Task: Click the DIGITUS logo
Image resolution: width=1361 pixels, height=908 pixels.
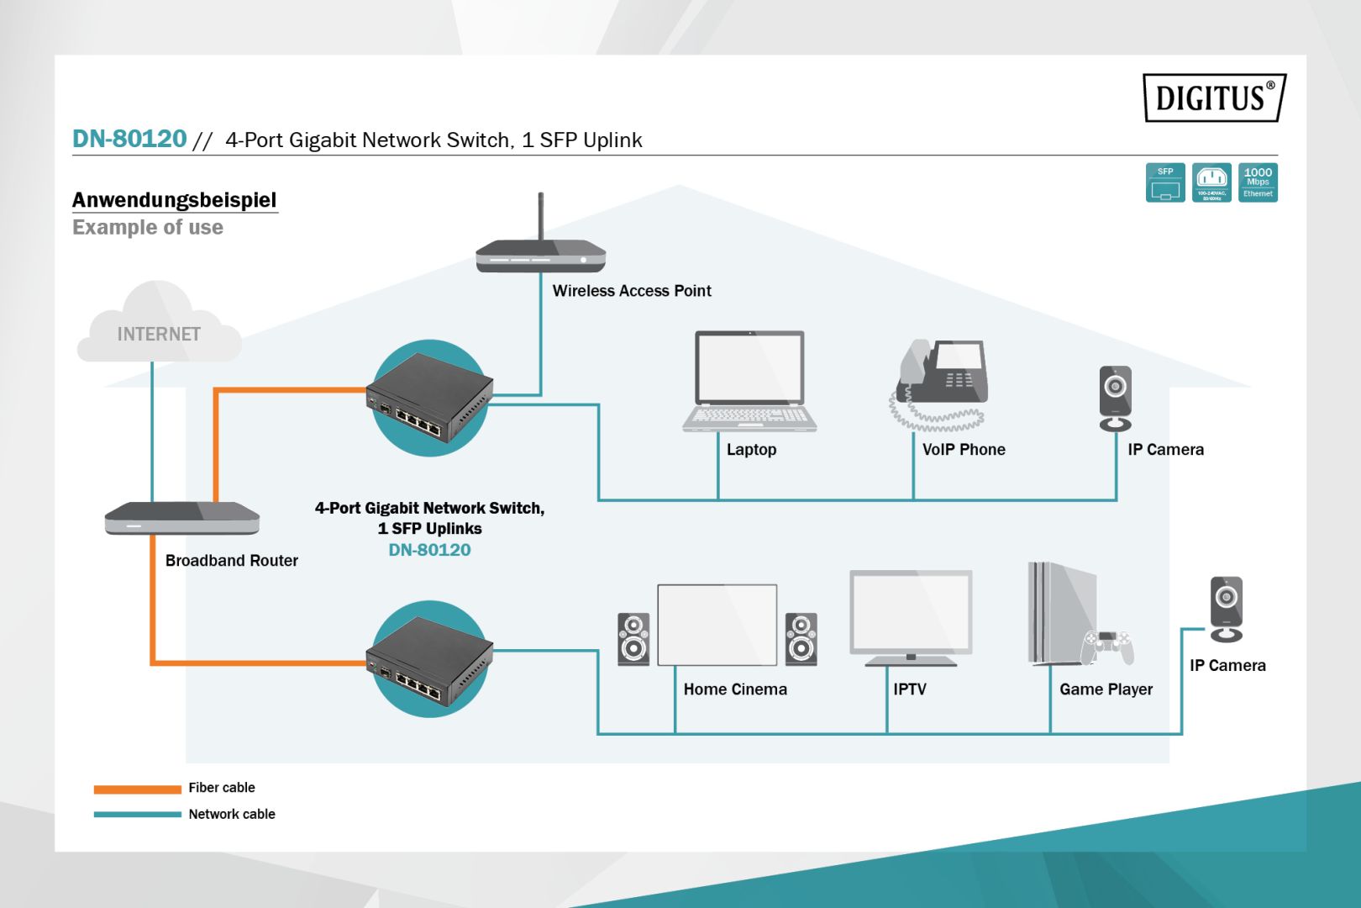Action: (1214, 98)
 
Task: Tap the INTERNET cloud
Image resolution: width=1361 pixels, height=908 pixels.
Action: (159, 328)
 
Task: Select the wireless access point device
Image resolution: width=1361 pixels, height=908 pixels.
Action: (540, 255)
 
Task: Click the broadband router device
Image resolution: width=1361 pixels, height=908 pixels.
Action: (182, 517)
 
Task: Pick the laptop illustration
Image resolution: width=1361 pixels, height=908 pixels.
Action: (749, 382)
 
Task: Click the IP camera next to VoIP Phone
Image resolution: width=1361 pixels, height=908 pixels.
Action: (1116, 398)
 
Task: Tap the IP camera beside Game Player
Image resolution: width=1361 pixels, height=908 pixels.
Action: (1226, 609)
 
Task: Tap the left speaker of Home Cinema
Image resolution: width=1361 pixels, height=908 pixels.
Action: (633, 639)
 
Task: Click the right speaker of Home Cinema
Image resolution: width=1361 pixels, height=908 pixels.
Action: (801, 639)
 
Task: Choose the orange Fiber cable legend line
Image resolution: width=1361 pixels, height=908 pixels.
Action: (137, 789)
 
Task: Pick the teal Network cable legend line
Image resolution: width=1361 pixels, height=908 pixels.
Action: (137, 814)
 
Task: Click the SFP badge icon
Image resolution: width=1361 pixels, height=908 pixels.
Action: (1165, 182)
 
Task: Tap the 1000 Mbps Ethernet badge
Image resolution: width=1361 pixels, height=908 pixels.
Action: (1258, 182)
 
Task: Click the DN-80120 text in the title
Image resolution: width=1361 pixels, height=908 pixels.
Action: (129, 139)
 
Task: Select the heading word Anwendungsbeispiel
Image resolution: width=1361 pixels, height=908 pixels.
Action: (174, 200)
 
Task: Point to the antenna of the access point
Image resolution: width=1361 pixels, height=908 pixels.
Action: (540, 216)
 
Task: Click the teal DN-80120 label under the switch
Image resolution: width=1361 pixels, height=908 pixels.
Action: (429, 550)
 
